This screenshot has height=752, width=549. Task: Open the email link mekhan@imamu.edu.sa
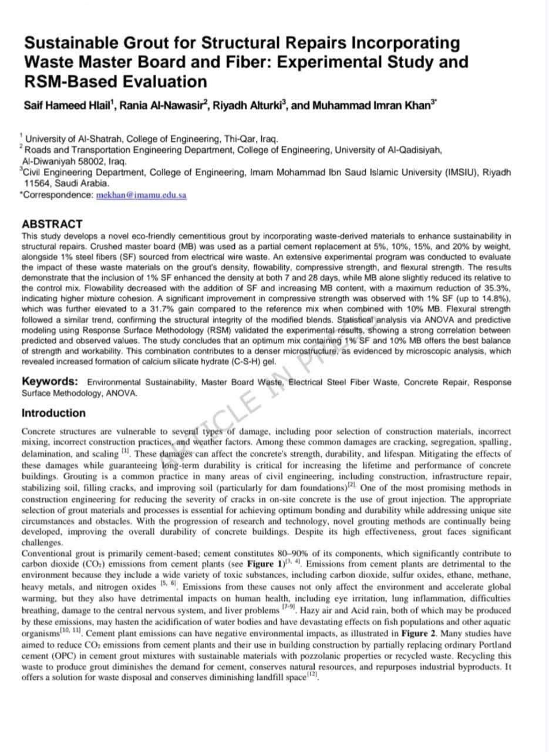141,196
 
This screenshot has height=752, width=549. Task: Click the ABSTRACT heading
52,224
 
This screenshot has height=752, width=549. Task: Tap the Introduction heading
53,413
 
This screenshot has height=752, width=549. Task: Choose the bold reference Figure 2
419,633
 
